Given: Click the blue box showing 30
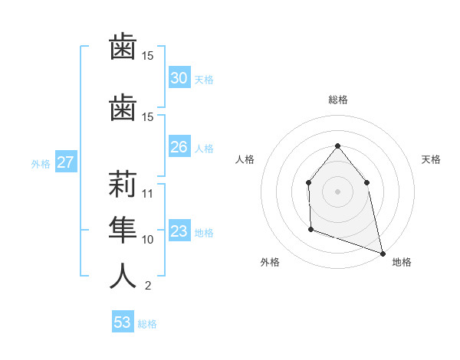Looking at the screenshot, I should [x=179, y=77].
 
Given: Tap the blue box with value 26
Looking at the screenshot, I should [x=179, y=146].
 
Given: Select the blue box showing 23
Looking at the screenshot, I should [x=179, y=231].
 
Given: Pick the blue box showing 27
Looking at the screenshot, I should [x=65, y=162].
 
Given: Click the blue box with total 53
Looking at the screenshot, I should [x=123, y=322].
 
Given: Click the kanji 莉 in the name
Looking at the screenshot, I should [x=123, y=186].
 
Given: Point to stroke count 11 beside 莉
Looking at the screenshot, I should [x=148, y=194].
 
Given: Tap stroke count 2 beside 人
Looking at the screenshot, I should [x=147, y=286].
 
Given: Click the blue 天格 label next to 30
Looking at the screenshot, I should [x=204, y=79].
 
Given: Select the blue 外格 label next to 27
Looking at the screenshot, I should [x=41, y=163].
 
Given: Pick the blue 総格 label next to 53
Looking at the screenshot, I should [x=147, y=324].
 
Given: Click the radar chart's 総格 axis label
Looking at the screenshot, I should [x=337, y=100].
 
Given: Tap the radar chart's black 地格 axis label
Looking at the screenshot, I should [x=402, y=262].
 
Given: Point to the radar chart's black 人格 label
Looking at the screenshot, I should [x=245, y=159].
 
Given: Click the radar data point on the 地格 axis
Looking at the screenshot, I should [x=383, y=253].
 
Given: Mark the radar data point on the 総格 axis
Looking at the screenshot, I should [x=337, y=146].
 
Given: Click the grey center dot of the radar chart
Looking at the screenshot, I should [x=337, y=191].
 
